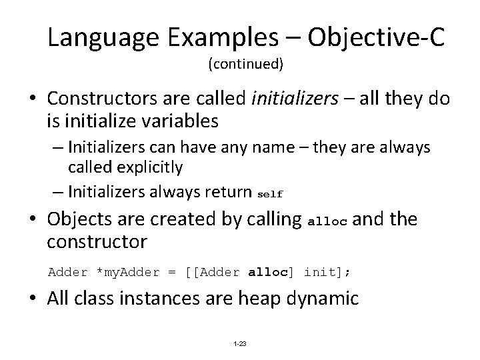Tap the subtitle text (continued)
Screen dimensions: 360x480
(x=245, y=65)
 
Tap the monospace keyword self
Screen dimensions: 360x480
(x=270, y=194)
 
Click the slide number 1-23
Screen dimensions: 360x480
(x=239, y=343)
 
